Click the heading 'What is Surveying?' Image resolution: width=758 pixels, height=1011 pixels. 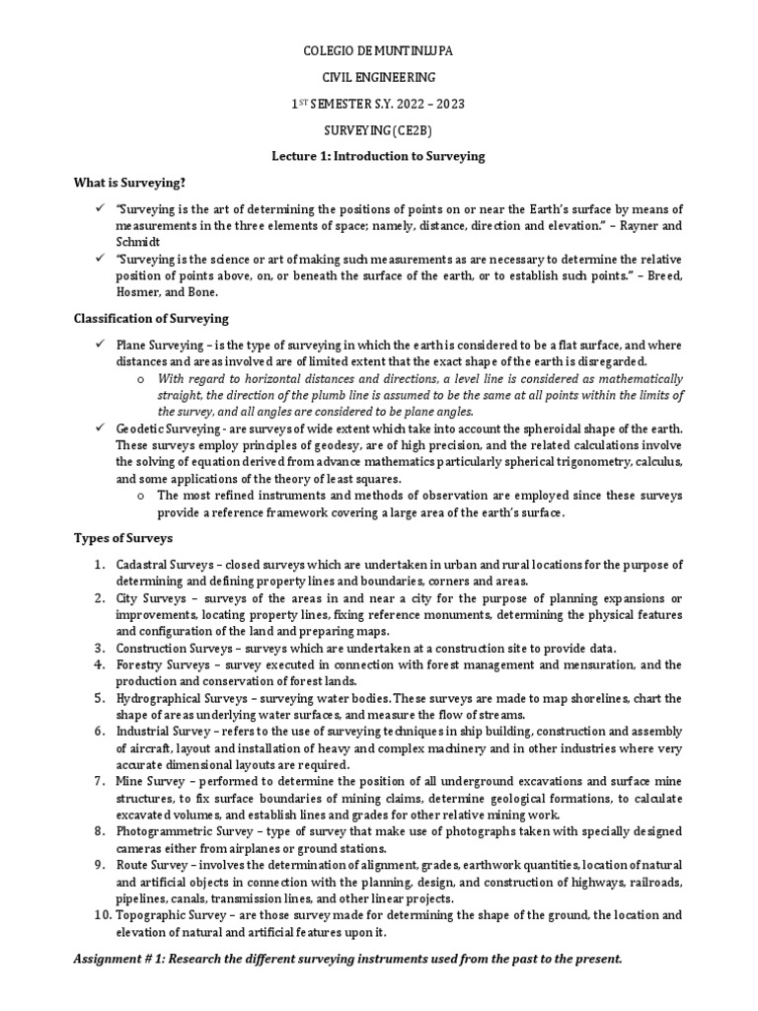pyautogui.click(x=130, y=182)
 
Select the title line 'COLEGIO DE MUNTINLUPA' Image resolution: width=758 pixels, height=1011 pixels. pyautogui.click(x=379, y=49)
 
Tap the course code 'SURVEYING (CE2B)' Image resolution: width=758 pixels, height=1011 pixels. pyautogui.click(x=379, y=129)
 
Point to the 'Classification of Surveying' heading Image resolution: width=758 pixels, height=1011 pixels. pyautogui.click(x=151, y=318)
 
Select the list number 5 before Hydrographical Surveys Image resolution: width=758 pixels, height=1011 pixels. pyautogui.click(x=100, y=698)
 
